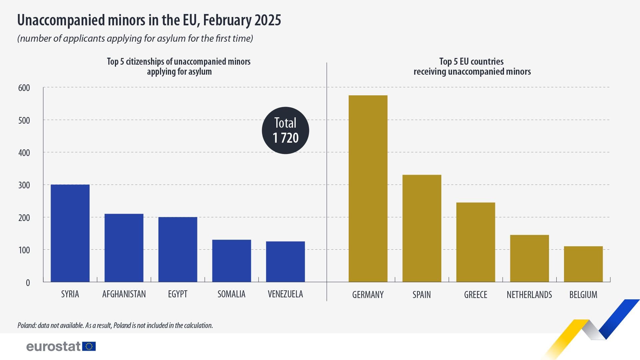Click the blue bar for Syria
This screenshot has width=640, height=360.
[x=70, y=233]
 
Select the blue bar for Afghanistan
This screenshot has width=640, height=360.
[x=124, y=248]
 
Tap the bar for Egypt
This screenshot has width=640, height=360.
[x=178, y=250]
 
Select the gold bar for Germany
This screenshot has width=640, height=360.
[x=368, y=189]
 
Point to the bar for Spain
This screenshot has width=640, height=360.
[x=422, y=228]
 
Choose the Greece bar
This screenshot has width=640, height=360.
[x=476, y=242]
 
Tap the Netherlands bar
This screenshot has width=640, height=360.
[x=529, y=258]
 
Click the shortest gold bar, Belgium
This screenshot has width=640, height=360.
[x=583, y=264]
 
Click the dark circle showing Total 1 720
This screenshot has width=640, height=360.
[x=285, y=130]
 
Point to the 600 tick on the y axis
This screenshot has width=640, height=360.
[x=24, y=88]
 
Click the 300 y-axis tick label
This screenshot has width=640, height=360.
[x=24, y=185]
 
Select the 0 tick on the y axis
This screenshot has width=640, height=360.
[x=28, y=283]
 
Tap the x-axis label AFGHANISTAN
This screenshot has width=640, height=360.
[x=124, y=294]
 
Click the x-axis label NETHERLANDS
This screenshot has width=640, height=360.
[x=529, y=295]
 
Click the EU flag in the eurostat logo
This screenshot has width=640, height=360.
[x=89, y=346]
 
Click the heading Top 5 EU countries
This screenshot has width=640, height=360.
[x=471, y=62]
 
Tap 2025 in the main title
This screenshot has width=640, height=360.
[x=268, y=20]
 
